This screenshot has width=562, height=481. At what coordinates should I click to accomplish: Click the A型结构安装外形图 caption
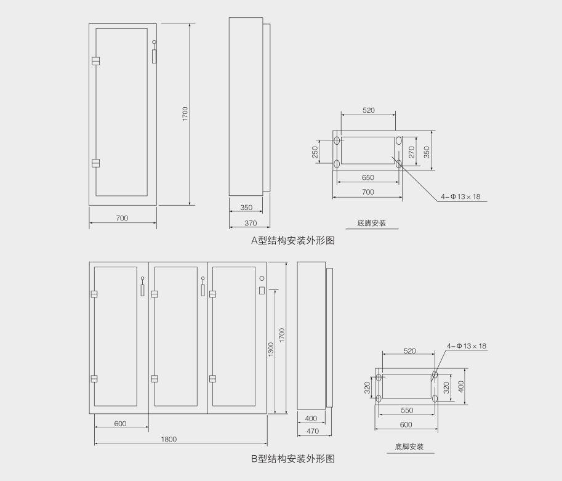pyautogui.click(x=292, y=241)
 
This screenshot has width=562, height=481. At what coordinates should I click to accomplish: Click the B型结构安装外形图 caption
pyautogui.click(x=292, y=459)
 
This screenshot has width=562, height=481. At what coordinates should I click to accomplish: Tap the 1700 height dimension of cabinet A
pyautogui.click(x=185, y=115)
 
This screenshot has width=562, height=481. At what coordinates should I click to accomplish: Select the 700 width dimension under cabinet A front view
pyautogui.click(x=122, y=218)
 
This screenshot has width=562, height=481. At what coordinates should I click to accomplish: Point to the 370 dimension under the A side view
pyautogui.click(x=251, y=223)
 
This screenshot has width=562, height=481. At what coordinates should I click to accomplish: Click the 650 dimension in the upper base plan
pyautogui.click(x=367, y=177)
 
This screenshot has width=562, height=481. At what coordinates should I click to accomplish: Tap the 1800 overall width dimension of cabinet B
pyautogui.click(x=169, y=439)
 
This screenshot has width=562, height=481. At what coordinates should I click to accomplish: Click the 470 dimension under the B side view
pyautogui.click(x=313, y=431)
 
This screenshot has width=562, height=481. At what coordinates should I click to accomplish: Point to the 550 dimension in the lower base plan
pyautogui.click(x=406, y=410)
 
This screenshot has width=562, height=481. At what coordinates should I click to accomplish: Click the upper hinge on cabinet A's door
pyautogui.click(x=95, y=61)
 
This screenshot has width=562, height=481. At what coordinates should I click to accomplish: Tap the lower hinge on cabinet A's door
pyautogui.click(x=95, y=163)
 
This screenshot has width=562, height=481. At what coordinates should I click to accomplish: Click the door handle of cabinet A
pyautogui.click(x=155, y=54)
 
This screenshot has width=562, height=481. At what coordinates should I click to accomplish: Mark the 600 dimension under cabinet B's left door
pyautogui.click(x=121, y=424)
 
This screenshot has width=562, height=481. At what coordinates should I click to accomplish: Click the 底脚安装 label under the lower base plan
pyautogui.click(x=409, y=447)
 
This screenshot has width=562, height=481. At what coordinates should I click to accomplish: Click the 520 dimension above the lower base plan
pyautogui.click(x=409, y=351)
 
